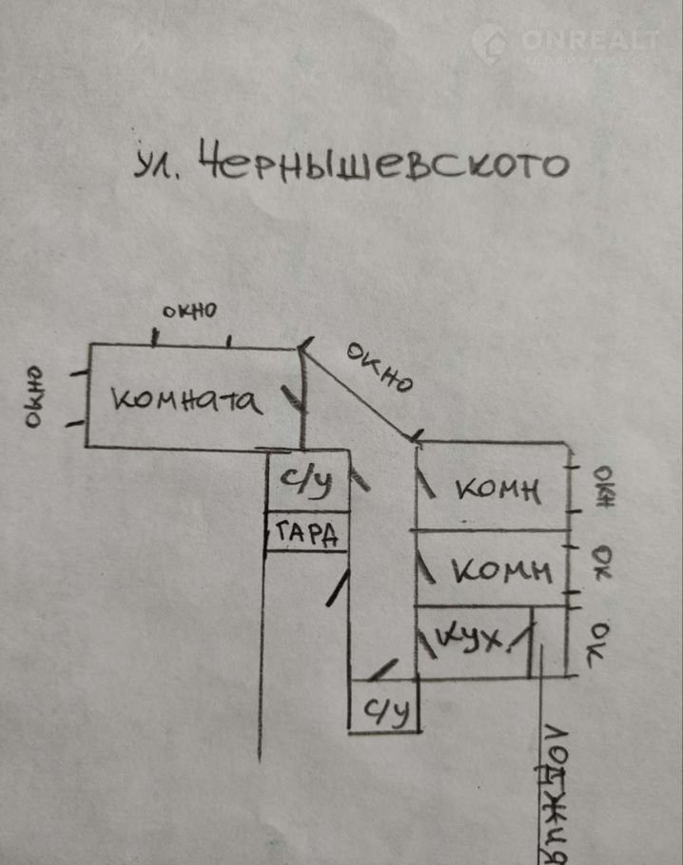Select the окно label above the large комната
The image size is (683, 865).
(189, 310)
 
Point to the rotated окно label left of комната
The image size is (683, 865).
(33, 397)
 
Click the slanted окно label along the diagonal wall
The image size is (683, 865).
(379, 368)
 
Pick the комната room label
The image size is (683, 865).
(186, 400)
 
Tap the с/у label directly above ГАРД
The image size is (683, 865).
(306, 483)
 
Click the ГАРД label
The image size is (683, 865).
(306, 536)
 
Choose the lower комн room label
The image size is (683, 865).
(500, 570)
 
